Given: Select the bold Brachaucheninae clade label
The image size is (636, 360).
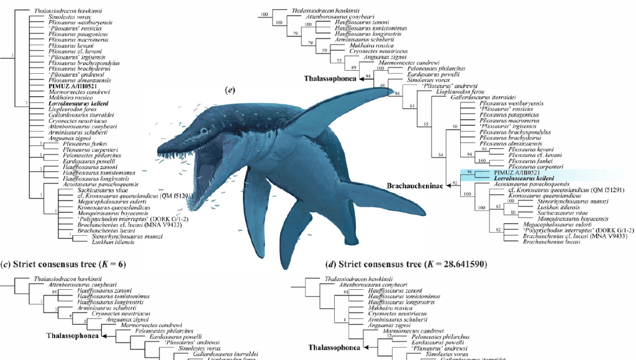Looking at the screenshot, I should pyautogui.click(x=414, y=185).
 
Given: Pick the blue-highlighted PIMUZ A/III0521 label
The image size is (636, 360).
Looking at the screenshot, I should pyautogui.click(x=515, y=172).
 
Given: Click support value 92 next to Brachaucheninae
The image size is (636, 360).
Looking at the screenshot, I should pyautogui.click(x=455, y=182).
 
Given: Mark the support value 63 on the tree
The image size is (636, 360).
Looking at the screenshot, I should pyautogui.click(x=497, y=205).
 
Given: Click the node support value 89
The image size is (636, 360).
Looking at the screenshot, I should pyautogui.click(x=354, y=66).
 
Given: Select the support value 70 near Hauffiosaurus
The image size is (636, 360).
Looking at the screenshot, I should pyautogui.click(x=296, y=32).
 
